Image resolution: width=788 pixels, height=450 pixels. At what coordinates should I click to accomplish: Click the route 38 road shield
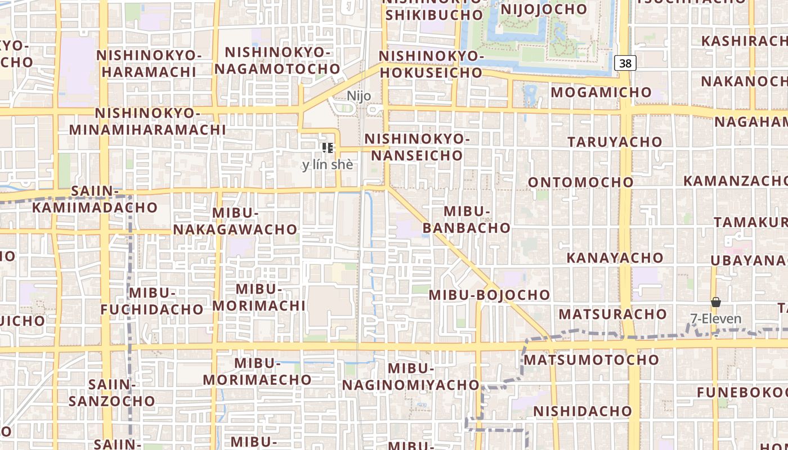(625, 63)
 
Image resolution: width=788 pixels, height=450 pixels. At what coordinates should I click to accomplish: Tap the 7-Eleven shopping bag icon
(715, 303)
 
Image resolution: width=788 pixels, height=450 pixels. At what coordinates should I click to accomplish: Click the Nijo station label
(359, 96)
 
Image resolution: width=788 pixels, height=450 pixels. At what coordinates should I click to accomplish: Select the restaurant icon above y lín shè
(328, 148)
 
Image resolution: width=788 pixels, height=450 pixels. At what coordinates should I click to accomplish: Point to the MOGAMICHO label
(601, 92)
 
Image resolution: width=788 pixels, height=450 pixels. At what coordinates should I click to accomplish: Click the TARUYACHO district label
(615, 141)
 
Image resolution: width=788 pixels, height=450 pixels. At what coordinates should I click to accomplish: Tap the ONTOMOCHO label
(581, 182)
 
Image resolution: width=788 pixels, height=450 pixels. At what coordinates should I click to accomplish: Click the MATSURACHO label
(612, 313)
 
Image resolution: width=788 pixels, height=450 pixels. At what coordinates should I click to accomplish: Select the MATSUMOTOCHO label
(591, 359)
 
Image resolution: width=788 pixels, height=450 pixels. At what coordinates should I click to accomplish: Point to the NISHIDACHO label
(583, 411)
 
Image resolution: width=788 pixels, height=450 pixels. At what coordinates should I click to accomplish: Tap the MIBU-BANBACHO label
(467, 219)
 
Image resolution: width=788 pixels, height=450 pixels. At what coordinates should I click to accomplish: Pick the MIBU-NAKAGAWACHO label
(235, 221)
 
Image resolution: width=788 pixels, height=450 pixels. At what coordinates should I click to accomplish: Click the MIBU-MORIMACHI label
(259, 297)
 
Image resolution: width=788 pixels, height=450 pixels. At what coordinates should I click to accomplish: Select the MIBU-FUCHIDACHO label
(152, 301)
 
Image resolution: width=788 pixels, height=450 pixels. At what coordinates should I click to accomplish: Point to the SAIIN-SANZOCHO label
(112, 393)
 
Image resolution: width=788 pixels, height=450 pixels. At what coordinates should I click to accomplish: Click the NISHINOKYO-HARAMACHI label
(149, 64)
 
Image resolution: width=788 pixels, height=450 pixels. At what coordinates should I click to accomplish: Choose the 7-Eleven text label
(716, 319)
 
